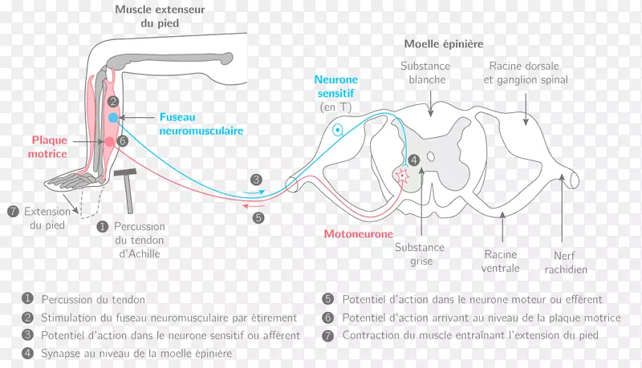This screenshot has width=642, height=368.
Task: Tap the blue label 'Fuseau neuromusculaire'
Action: [x=201, y=123]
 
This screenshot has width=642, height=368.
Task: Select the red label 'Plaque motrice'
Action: [x=49, y=147]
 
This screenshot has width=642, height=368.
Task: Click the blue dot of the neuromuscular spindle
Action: [x=113, y=118]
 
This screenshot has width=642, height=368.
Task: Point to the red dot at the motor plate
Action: [x=110, y=142]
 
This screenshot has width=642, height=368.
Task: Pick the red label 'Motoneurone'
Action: [x=358, y=234]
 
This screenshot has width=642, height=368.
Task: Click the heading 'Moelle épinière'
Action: [x=444, y=44]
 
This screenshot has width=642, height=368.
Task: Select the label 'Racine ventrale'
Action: [x=500, y=261]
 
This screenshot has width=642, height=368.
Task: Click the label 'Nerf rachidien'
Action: [x=567, y=263]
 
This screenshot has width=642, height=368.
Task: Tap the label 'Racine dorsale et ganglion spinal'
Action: [x=527, y=73]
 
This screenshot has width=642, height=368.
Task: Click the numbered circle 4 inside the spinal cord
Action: [x=413, y=160]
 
